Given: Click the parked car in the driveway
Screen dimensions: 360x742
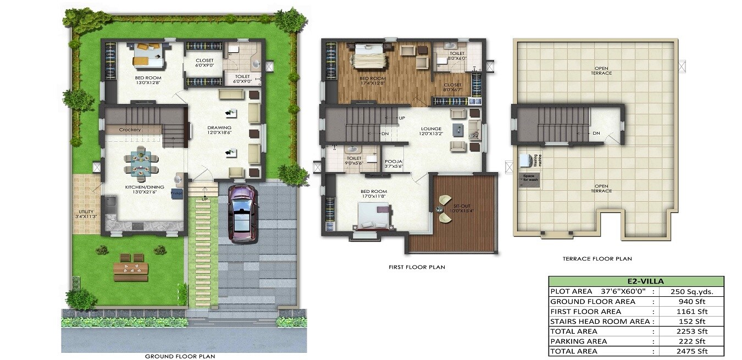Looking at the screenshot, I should [241, 214].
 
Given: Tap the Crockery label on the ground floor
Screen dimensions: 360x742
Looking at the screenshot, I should [130, 130].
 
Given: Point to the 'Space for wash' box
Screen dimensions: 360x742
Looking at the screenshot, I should [530, 180].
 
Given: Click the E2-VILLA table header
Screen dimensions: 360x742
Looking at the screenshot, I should [636, 281].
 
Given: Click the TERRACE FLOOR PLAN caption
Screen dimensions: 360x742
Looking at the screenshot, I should [597, 258].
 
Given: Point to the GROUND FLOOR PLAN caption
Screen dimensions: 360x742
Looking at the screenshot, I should [180, 356].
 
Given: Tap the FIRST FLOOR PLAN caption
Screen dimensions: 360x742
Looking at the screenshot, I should [416, 267].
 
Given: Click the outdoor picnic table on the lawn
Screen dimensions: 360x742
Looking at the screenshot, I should [131, 268].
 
